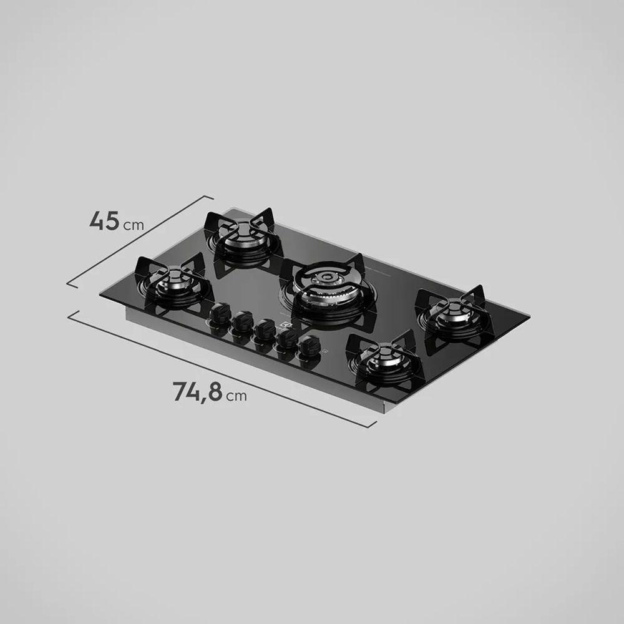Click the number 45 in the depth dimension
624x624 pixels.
(104, 221)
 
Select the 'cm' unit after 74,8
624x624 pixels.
(236, 396)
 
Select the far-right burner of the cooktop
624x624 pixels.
(452, 316)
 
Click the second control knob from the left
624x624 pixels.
(241, 322)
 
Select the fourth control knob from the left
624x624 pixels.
(287, 338)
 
